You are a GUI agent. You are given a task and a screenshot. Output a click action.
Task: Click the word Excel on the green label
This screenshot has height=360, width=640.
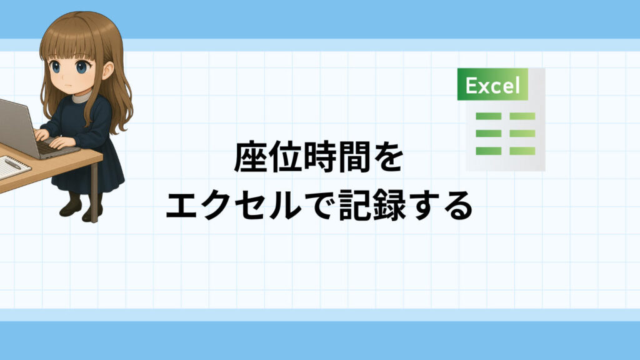tap(492, 85)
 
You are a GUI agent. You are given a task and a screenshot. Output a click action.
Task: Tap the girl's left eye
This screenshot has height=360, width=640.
tap(82, 66)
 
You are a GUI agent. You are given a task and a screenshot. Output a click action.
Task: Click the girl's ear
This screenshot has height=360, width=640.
tap(108, 70)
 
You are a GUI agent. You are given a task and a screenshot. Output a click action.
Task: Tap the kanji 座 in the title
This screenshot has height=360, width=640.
tap(250, 157)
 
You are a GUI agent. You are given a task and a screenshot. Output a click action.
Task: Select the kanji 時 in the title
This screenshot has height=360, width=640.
tap(319, 157)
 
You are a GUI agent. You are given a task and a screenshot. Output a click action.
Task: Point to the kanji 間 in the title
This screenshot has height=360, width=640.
tap(353, 157)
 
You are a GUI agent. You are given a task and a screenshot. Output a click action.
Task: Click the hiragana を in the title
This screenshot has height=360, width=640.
tap(387, 157)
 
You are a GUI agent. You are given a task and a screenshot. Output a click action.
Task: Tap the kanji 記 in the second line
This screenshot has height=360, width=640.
tap(355, 204)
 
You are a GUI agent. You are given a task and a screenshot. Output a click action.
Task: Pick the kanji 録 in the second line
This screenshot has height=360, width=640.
tap(389, 204)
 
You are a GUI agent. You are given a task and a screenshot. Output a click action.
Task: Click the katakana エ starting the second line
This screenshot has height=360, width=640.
tap(182, 205)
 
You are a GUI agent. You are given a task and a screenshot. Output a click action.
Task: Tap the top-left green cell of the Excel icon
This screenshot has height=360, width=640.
tap(489, 116)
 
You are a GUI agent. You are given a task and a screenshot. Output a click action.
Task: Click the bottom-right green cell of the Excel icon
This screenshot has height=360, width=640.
tap(522, 151)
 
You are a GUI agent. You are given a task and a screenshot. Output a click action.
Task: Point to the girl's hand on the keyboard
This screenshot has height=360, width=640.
tap(61, 142)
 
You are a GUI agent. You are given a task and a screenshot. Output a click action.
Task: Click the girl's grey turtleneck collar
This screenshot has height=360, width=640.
tap(82, 97)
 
